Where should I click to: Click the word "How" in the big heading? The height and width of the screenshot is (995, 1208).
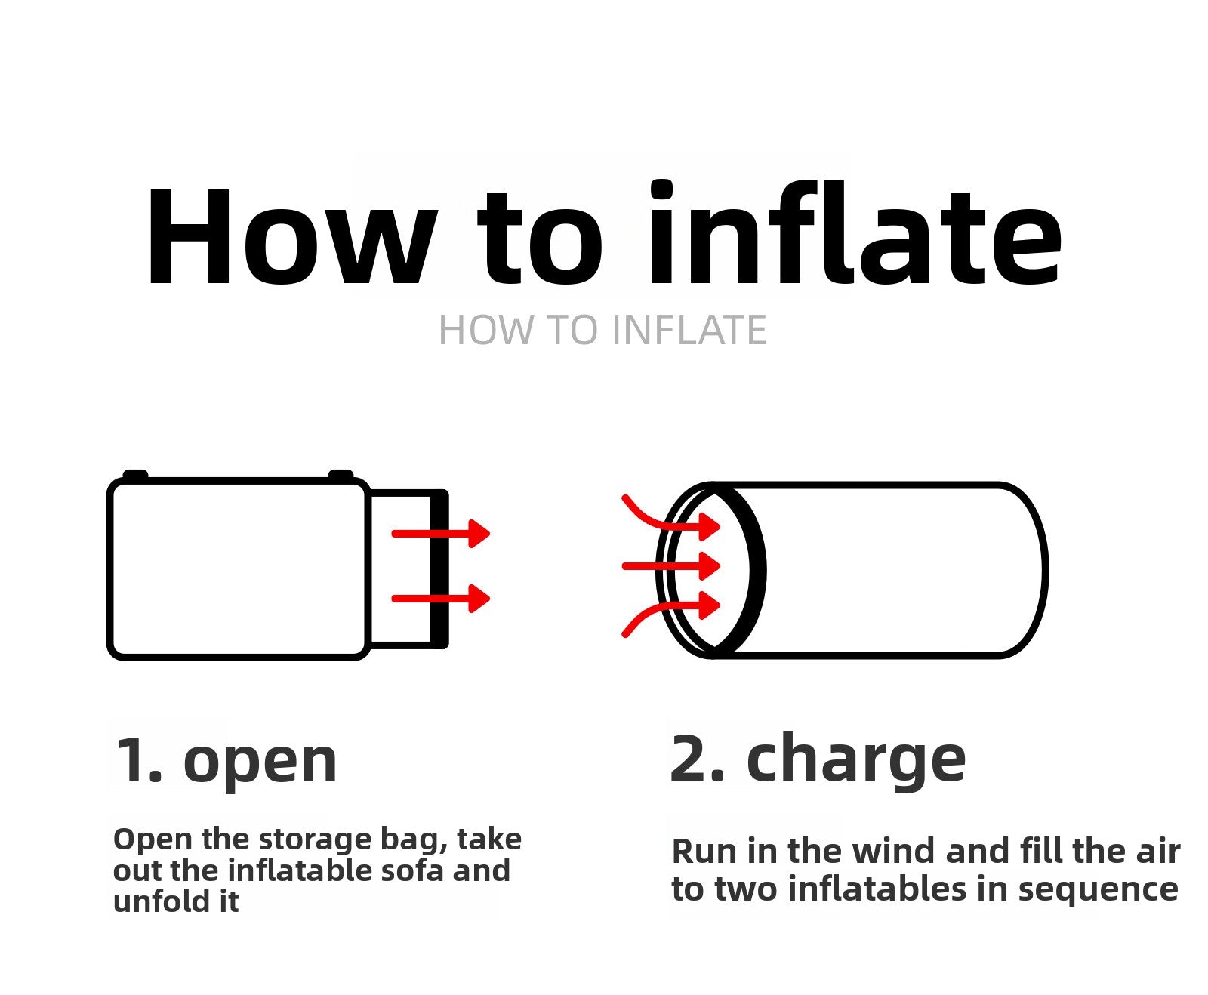(x=291, y=237)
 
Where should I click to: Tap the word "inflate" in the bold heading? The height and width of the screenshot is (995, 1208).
(x=855, y=234)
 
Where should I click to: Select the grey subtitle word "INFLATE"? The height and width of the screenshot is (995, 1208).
(x=689, y=331)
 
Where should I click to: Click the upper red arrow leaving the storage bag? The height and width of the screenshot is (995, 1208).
(x=441, y=534)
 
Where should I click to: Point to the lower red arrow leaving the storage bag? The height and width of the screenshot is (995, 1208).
(x=441, y=599)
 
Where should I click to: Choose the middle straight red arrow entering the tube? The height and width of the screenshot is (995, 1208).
(x=670, y=565)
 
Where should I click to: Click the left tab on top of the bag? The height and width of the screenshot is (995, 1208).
(x=136, y=475)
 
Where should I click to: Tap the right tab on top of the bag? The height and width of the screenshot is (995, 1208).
(x=341, y=475)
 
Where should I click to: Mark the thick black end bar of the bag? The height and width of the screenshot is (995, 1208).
(x=439, y=569)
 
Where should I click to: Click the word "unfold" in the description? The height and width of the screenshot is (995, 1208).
(x=155, y=901)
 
